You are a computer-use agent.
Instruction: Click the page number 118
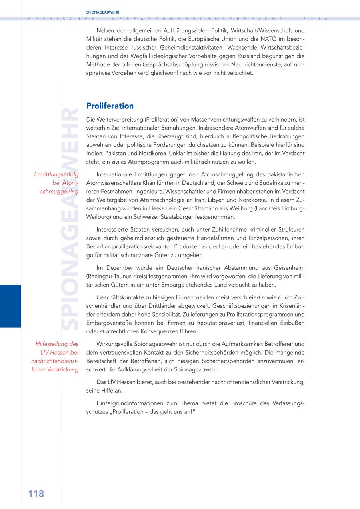click(36, 493)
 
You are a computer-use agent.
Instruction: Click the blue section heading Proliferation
click(110, 106)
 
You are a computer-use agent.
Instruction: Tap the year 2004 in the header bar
click(316, 19)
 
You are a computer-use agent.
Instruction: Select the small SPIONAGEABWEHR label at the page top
click(103, 12)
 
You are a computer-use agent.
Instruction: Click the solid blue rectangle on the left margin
click(10, 306)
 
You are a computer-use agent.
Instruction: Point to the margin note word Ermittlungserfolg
click(56, 174)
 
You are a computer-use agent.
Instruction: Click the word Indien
click(94, 154)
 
